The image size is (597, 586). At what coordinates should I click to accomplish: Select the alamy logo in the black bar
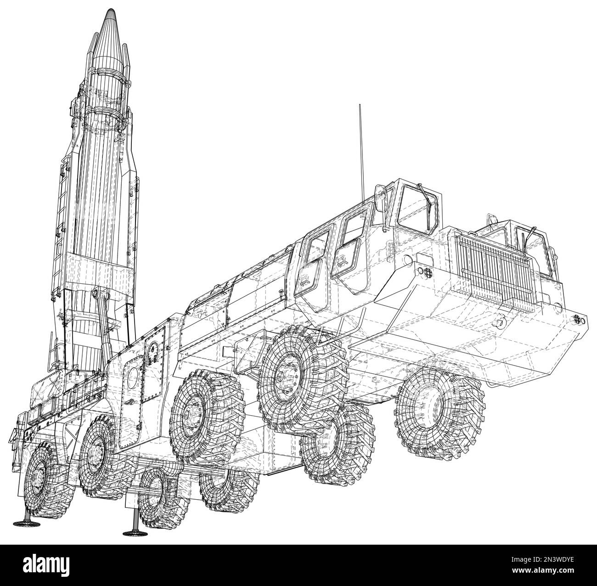[x=46, y=556]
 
